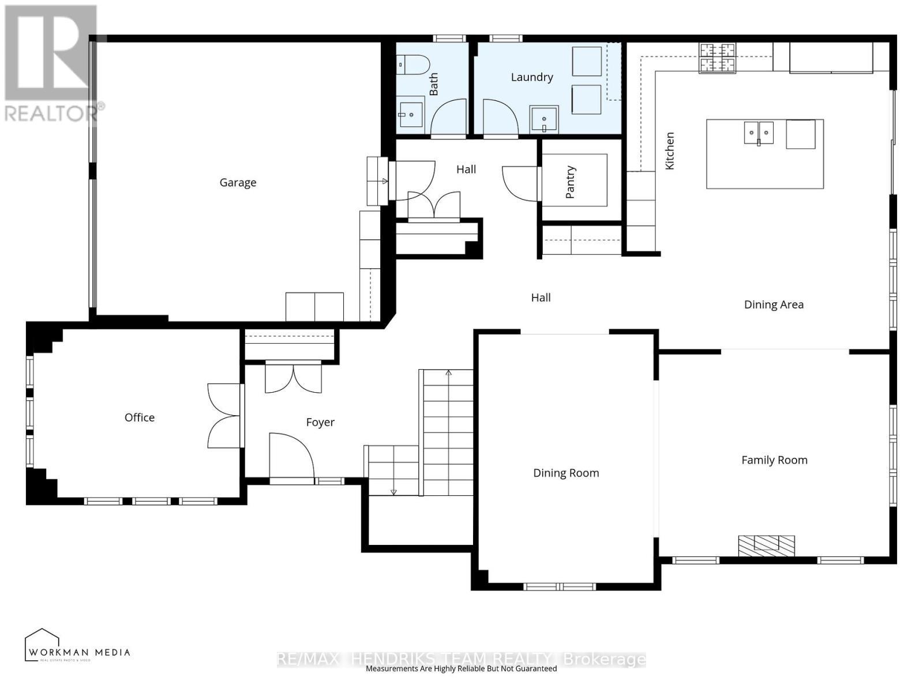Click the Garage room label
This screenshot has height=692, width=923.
[238, 183]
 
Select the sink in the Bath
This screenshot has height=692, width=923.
[410, 114]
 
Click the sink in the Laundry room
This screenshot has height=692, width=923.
[544, 120]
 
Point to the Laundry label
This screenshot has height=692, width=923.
[532, 77]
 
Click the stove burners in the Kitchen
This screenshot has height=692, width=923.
[718, 58]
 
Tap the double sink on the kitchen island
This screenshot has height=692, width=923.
[758, 133]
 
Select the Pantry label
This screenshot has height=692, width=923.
[571, 182]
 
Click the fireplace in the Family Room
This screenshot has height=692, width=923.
[766, 545]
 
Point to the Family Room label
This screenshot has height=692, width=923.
[774, 460]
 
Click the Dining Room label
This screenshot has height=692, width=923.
[566, 473]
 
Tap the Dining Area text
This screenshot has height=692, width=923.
[774, 304]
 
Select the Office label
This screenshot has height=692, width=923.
[140, 418]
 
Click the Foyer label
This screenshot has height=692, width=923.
[320, 422]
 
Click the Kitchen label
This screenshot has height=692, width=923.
[670, 151]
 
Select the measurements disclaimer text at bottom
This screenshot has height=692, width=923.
[461, 669]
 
